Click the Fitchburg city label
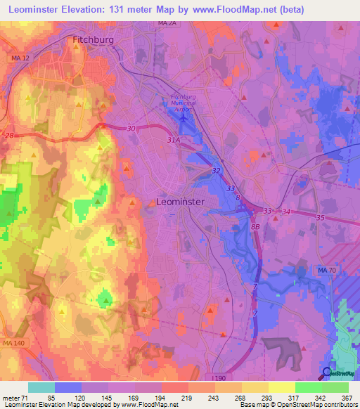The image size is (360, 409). pos(94,41)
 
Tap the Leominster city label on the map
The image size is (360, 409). pos(179,202)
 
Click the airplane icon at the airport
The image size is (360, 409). pos(184,117)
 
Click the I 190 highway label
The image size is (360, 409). pos(218,377)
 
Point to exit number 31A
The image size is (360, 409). pos(174,141)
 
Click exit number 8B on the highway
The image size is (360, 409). pos(255,226)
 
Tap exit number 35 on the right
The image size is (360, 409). pos(321,219)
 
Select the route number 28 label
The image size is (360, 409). pos(10,134)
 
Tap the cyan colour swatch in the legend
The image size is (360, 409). pos(41,387)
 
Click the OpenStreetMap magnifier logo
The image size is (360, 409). pos(328,372)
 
